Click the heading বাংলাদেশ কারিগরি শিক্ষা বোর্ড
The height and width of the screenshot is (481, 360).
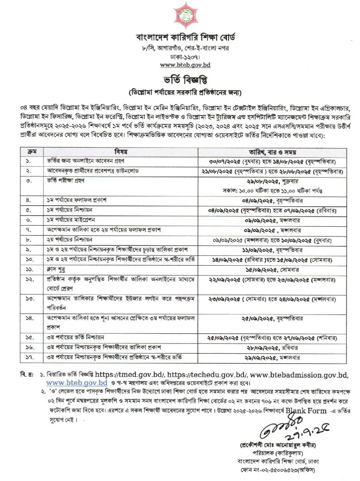[185, 37]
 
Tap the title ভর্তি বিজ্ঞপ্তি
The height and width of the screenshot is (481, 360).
[185, 80]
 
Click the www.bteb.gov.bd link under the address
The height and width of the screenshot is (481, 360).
[185, 65]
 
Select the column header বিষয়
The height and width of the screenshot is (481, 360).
[121, 152]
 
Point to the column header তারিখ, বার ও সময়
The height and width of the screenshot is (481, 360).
[272, 152]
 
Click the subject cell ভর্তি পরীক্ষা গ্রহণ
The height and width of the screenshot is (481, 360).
[65, 180]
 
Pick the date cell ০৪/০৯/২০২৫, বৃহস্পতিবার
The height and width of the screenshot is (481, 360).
[272, 201]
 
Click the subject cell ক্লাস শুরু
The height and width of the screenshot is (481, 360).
[56, 270]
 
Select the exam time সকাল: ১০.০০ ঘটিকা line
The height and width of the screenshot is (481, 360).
[272, 191]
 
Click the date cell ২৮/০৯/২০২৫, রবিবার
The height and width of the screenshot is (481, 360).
[272, 348]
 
